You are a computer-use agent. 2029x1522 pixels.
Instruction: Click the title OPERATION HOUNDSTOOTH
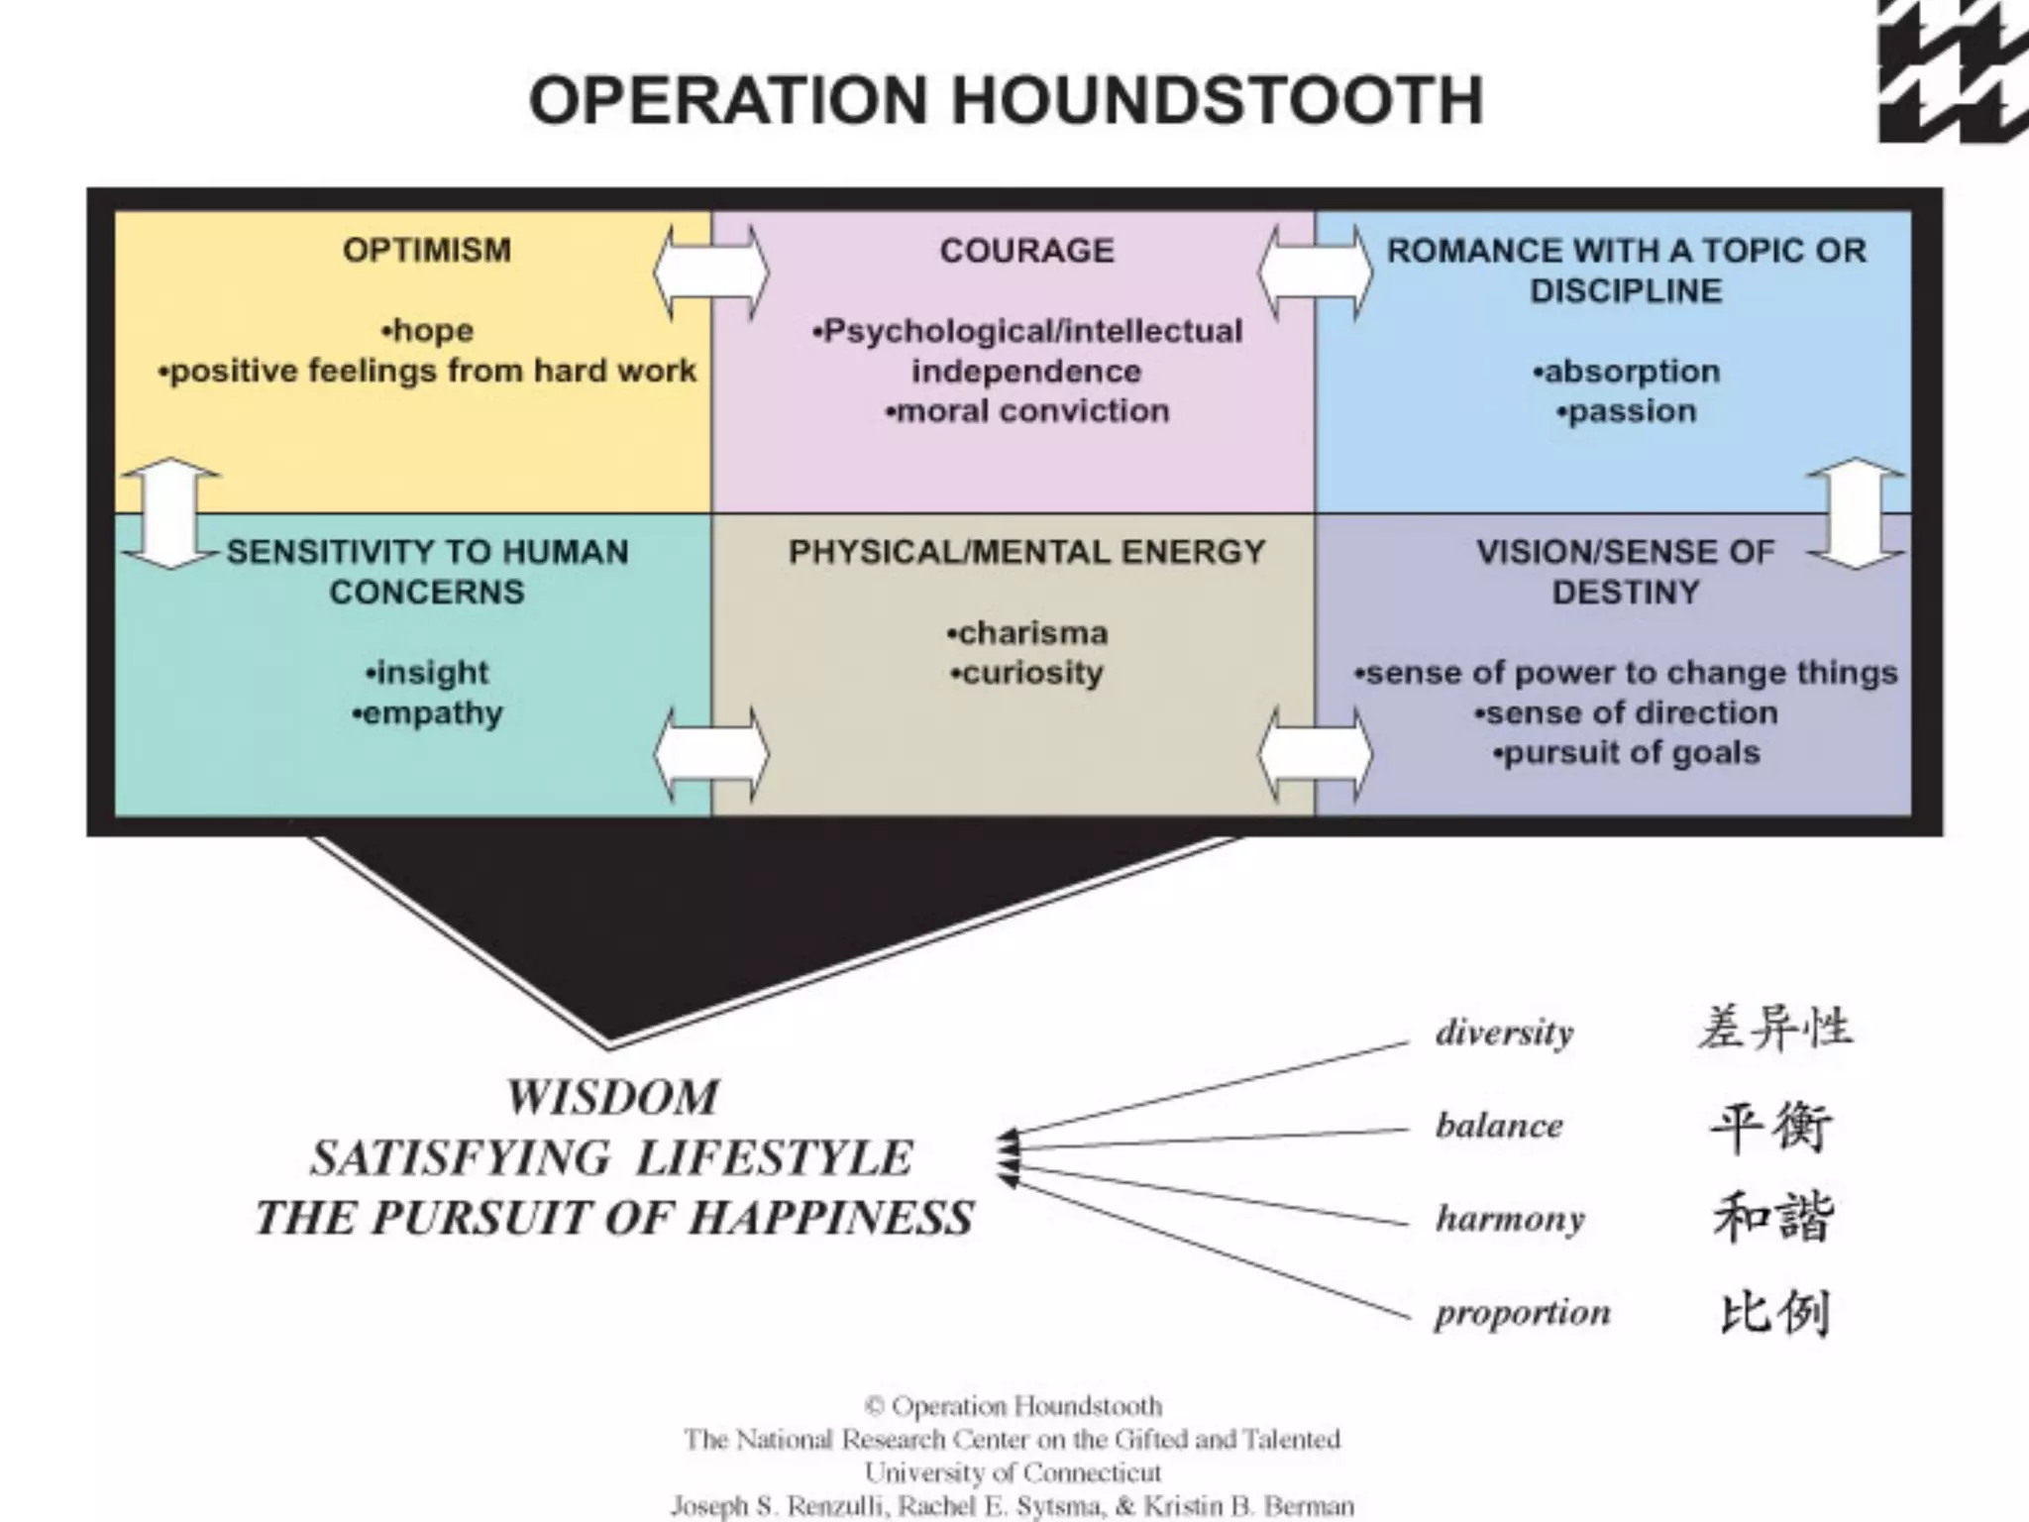tap(1006, 100)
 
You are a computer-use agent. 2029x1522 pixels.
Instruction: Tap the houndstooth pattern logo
tap(1952, 71)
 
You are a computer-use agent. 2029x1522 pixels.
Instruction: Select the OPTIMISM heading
tap(427, 250)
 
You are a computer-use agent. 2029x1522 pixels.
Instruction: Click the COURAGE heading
tap(1026, 250)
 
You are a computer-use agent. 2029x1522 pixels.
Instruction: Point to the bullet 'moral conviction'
tap(1027, 411)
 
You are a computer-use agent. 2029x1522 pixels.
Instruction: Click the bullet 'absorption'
tap(1626, 372)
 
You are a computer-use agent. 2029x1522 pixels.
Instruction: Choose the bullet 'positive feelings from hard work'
tap(427, 371)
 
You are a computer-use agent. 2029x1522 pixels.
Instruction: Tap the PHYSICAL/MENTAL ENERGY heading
tap(1026, 551)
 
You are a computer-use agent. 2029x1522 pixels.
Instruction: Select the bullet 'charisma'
tap(1026, 632)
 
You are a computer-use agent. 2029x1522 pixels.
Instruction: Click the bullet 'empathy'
tap(427, 713)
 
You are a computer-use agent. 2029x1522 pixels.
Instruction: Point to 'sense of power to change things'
tap(1626, 673)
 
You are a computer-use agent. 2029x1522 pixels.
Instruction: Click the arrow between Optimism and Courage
tap(710, 272)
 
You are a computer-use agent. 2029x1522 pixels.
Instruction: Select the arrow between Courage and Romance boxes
tap(1315, 272)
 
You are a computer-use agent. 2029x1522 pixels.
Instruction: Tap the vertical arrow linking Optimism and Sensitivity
tap(170, 512)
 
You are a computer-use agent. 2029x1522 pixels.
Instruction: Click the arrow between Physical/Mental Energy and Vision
tap(1315, 754)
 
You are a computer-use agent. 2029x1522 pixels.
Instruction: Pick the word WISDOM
tap(613, 1098)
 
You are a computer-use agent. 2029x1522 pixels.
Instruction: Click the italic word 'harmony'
tap(1510, 1218)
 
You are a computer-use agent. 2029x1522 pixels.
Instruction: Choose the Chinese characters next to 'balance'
tap(1771, 1126)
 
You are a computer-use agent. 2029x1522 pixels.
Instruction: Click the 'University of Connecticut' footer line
tap(1013, 1471)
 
